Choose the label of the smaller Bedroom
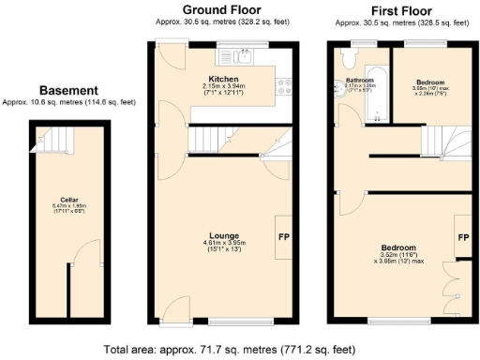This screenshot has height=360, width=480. [x=429, y=82]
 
